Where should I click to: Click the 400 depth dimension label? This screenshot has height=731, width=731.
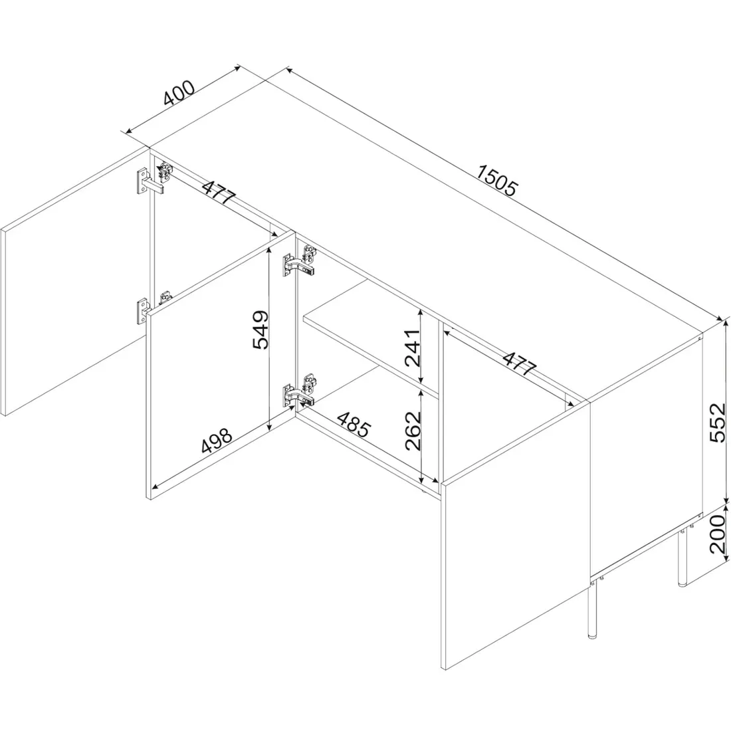point(179,93)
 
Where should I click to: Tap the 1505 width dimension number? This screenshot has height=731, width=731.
point(498,180)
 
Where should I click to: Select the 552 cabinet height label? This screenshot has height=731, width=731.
point(718,423)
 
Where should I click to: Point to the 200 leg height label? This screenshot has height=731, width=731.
point(718,534)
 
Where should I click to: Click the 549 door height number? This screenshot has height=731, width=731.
point(261,330)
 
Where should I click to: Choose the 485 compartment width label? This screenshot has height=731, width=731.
point(354,424)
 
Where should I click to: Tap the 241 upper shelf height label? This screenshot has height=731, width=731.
point(413,348)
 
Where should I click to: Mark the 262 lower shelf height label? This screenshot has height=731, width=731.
point(413,431)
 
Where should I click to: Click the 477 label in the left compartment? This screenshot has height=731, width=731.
point(219,191)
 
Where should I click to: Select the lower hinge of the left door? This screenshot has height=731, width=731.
point(151,307)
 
